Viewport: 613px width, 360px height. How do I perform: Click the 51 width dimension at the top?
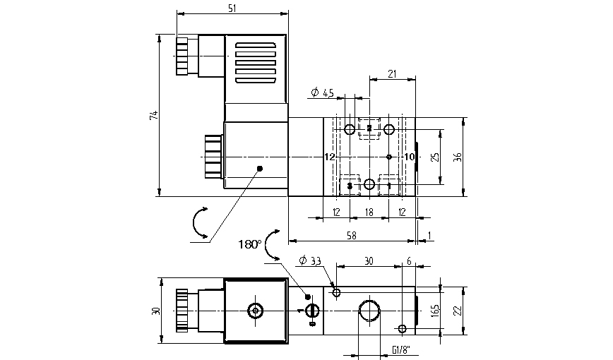point(232,7)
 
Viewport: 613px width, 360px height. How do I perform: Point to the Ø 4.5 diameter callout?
point(322,93)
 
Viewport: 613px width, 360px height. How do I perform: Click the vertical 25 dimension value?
point(436,156)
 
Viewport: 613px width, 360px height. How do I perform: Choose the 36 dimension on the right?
point(457,156)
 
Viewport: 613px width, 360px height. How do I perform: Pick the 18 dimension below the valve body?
point(369,212)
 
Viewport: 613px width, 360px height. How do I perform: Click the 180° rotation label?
point(249,244)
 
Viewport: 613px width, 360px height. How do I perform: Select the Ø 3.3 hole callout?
point(310,261)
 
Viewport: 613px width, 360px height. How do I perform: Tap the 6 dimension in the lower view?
point(408,260)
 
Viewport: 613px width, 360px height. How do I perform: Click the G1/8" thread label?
point(400,349)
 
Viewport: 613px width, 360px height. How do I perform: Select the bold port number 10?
point(408,157)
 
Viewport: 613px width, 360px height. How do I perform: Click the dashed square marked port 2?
point(369,128)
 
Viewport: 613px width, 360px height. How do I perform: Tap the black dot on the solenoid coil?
point(260,168)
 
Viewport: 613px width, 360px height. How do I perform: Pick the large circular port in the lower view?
point(370,311)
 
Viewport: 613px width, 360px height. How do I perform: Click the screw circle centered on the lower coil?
point(254,311)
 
